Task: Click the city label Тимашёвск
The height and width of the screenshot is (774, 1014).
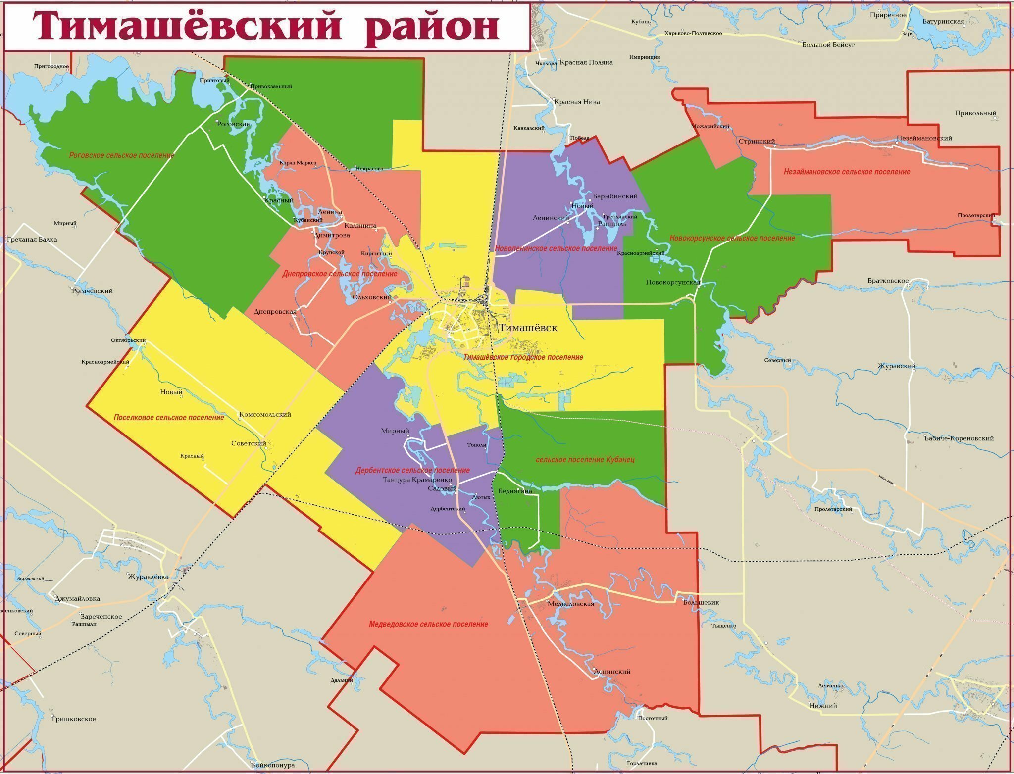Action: [x=528, y=328]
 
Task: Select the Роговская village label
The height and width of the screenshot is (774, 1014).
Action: [x=233, y=124]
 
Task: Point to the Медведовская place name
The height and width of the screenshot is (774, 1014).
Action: [x=571, y=604]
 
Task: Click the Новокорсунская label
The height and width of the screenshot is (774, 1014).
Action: [x=673, y=283]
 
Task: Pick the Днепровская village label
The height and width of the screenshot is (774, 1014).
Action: [x=275, y=312]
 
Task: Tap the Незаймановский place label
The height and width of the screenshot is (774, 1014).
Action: [x=924, y=139]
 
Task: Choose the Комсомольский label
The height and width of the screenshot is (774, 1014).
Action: [x=265, y=415]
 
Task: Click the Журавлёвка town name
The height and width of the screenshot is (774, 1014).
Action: [x=148, y=577]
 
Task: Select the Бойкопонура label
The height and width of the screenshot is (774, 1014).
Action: [x=273, y=765]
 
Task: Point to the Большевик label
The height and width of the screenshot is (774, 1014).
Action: [x=701, y=603]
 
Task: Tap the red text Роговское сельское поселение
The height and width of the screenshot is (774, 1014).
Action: [x=122, y=155]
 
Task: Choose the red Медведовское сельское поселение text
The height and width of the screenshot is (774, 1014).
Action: [x=428, y=624]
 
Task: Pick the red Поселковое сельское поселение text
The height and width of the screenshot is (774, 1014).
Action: [x=169, y=418]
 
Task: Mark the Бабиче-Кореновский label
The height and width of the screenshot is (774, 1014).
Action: [x=959, y=438]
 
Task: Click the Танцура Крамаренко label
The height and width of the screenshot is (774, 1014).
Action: [x=417, y=480]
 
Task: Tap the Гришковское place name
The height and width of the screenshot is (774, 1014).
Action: [x=74, y=719]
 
